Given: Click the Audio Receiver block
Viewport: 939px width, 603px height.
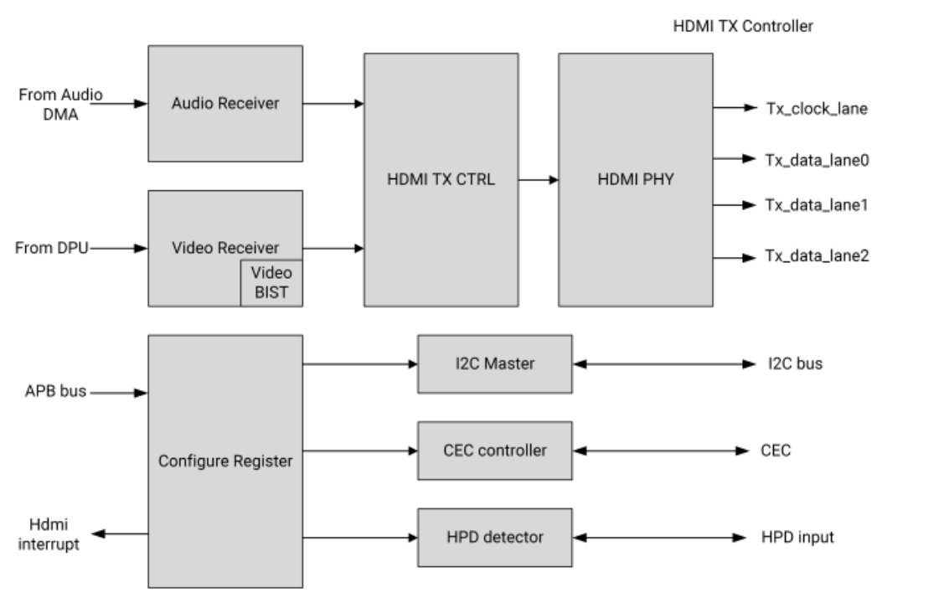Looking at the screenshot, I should [224, 103].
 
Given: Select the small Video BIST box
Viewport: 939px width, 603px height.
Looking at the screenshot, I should [271, 282].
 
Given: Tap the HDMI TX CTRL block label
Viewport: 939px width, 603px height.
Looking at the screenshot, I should [440, 179].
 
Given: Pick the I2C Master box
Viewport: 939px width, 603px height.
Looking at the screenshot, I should [494, 363].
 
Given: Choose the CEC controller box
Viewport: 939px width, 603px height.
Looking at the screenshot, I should [494, 451].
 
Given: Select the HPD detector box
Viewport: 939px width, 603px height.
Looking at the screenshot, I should [494, 537].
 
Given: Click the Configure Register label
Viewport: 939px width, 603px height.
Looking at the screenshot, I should [224, 460].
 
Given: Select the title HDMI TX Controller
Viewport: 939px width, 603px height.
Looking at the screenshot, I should [743, 27].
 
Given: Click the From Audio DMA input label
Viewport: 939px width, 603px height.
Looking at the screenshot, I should [60, 103].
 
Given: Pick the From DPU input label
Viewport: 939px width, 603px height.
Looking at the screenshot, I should [52, 248].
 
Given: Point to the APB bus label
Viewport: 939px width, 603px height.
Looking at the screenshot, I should [54, 391].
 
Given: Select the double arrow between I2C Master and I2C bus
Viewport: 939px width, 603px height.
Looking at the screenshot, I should [658, 364].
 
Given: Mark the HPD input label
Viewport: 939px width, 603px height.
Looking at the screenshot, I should [797, 537].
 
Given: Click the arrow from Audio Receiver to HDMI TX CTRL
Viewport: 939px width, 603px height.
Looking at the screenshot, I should [332, 103].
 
